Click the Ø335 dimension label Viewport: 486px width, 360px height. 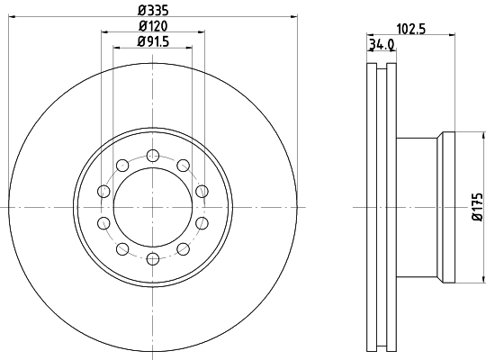153,11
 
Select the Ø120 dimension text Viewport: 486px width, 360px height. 153,26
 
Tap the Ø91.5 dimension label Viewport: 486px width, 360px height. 153,41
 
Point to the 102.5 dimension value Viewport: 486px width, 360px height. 411,29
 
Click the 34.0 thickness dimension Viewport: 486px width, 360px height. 382,45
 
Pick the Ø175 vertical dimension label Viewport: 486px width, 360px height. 478,207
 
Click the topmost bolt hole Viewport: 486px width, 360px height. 153,156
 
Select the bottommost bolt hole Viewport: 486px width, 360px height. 153,259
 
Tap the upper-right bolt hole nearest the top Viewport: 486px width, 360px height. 184,166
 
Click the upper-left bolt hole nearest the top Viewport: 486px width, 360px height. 122,166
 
